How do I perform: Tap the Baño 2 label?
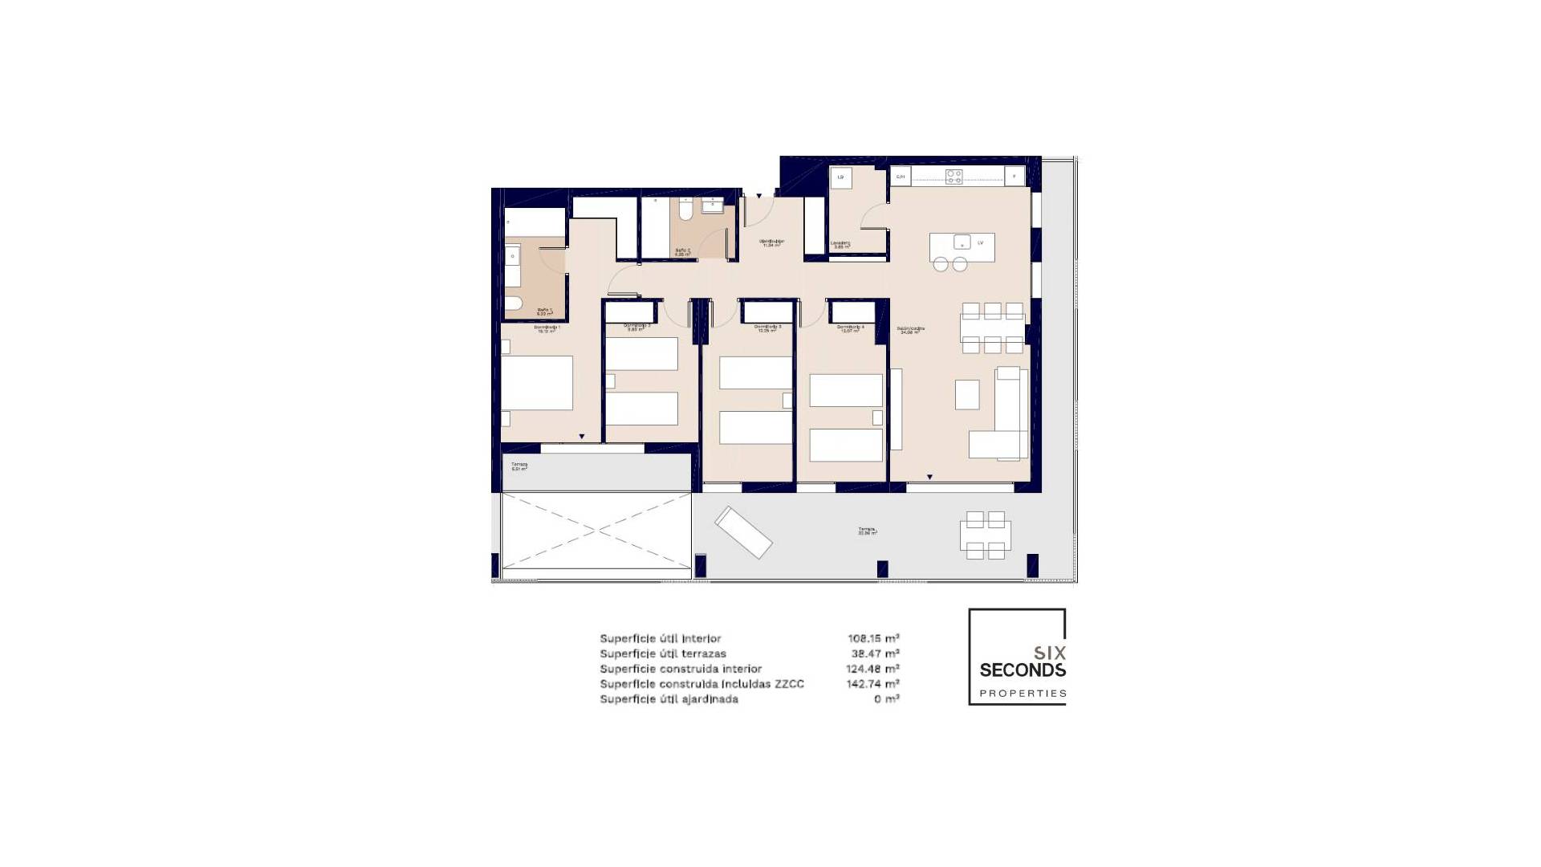click(682, 251)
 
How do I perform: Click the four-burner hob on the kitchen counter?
click(953, 177)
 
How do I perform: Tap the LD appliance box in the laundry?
click(840, 177)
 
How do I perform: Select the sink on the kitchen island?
click(962, 242)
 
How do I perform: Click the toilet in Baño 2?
click(685, 210)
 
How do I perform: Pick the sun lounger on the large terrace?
click(743, 531)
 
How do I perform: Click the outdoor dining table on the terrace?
click(985, 535)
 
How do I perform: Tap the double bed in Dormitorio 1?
click(537, 384)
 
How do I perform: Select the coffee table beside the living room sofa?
click(967, 394)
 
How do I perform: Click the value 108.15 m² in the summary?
click(873, 639)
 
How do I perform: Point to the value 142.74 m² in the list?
click(873, 684)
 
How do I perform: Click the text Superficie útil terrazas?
click(662, 653)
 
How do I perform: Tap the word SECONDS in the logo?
click(1023, 670)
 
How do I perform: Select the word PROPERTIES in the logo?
click(1023, 694)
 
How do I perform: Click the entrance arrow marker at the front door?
click(759, 195)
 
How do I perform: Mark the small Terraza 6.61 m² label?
click(519, 466)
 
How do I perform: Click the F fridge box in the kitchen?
click(1014, 177)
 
